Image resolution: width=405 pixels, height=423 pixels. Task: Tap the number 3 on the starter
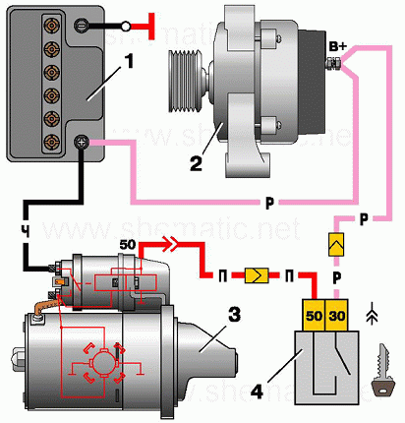[x=233, y=317]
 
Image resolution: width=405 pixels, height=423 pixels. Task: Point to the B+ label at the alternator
[x=340, y=46]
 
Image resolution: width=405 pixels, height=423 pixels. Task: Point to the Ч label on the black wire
[x=25, y=232]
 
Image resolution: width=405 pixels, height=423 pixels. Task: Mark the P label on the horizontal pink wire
[x=269, y=204]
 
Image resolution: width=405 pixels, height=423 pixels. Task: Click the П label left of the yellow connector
[x=224, y=277]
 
